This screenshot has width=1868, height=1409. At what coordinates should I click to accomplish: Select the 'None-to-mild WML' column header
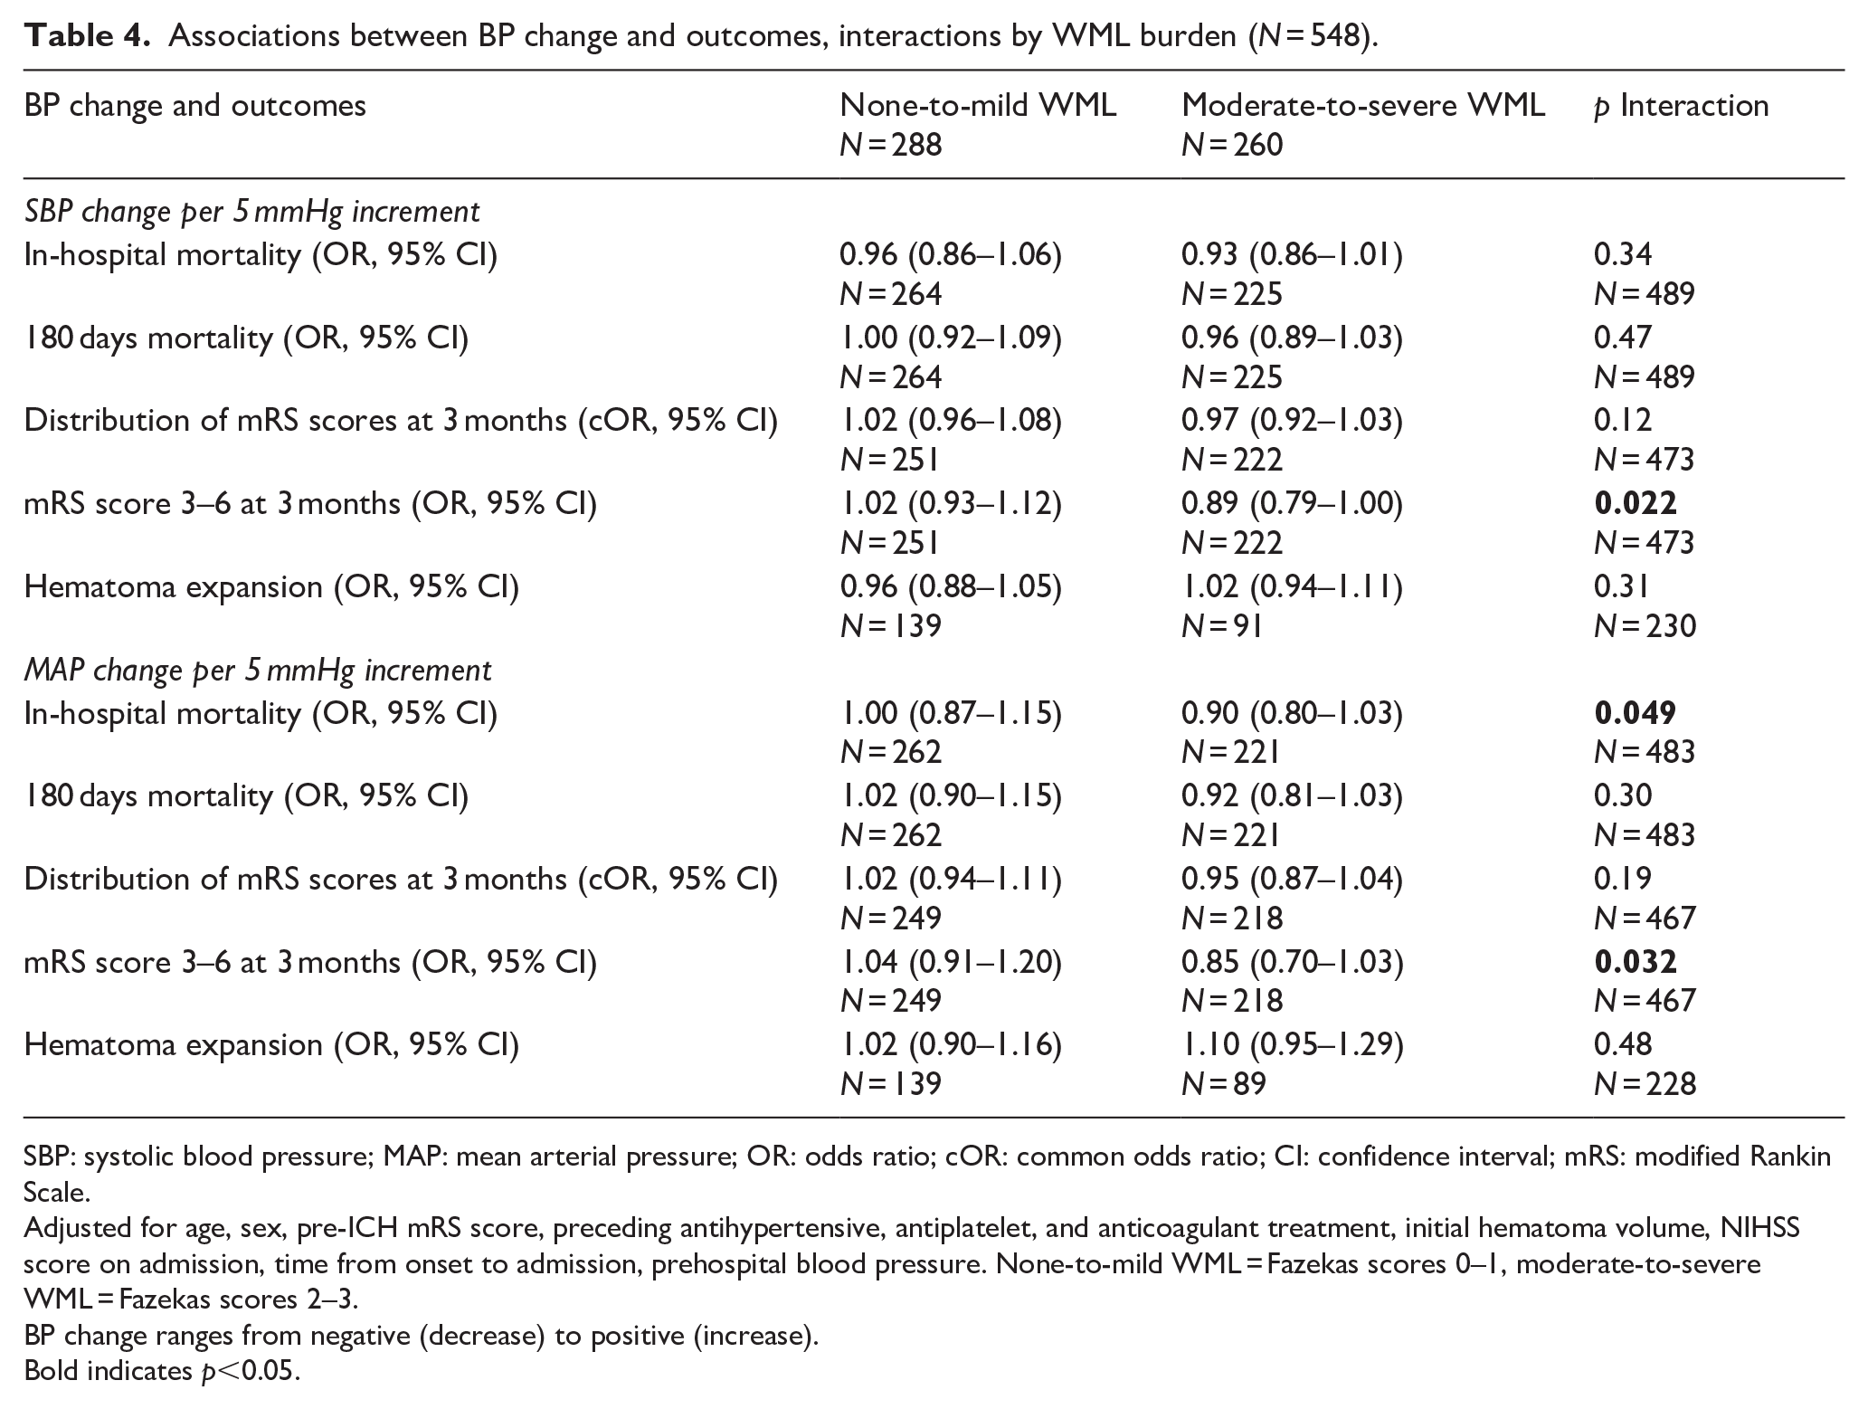[x=978, y=106]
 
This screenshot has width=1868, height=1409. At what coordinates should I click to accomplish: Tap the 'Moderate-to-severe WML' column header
[x=1363, y=106]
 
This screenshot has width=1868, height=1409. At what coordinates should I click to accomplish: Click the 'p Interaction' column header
[x=1681, y=107]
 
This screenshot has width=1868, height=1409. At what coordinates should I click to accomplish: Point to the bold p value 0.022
[x=1636, y=503]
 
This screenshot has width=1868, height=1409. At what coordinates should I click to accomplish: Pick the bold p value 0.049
[x=1636, y=713]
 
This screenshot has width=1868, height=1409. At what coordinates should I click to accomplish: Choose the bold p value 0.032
[x=1636, y=961]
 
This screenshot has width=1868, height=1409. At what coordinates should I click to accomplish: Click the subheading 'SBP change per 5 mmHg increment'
[x=252, y=212]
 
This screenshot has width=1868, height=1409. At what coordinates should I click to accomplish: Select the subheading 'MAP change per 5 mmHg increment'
[x=258, y=671]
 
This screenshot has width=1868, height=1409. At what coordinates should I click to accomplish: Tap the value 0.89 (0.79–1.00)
[x=1292, y=504]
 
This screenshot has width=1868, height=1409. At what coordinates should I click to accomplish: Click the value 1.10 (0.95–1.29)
[x=1292, y=1045]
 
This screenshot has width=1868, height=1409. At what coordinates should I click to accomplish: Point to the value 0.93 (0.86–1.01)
[x=1292, y=256]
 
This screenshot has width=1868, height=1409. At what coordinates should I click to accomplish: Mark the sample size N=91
[x=1221, y=625]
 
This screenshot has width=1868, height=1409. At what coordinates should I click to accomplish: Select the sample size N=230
[x=1645, y=625]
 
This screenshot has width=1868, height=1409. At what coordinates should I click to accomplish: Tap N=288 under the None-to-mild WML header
[x=891, y=145]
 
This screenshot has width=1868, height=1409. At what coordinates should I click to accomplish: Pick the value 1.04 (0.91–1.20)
[x=951, y=962]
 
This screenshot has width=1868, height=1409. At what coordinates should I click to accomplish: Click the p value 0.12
[x=1623, y=420]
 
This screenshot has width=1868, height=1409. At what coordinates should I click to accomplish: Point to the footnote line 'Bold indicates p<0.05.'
[x=162, y=1371]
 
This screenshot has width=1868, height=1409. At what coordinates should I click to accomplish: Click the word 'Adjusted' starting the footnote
[x=81, y=1229]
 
